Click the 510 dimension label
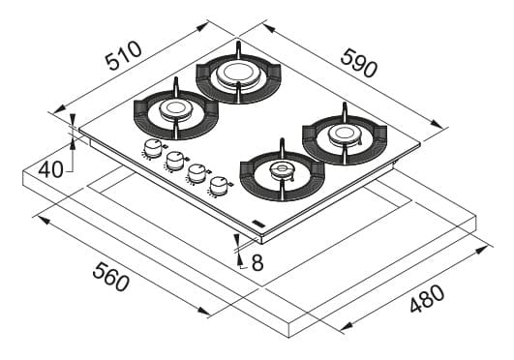tap(123, 56)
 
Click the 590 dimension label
tap(359, 63)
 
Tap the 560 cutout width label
tap(110, 278)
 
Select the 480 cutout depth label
tap(428, 298)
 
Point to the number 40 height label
tap(50, 170)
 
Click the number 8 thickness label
tap(257, 262)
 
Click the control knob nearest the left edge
tap(153, 148)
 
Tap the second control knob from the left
tap(175, 161)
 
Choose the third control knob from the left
tap(197, 174)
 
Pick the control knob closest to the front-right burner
tap(220, 186)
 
